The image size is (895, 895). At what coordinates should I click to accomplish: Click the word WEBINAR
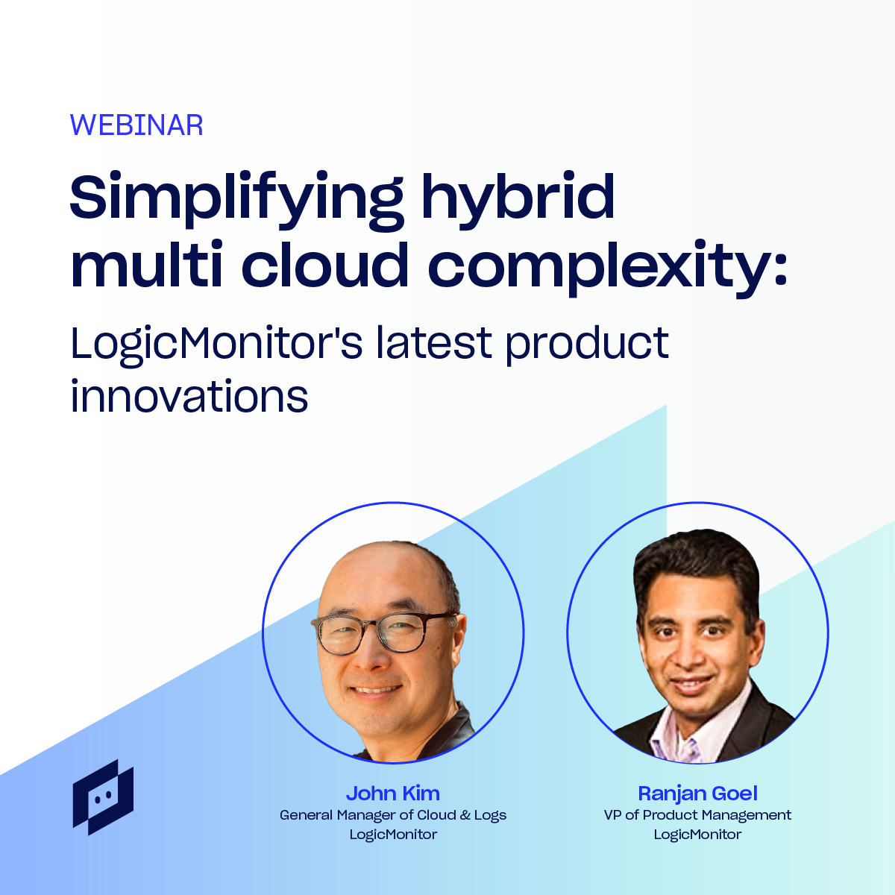(136, 125)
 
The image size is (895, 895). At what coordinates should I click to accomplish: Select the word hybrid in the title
(518, 196)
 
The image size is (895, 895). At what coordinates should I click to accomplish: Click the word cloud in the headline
(324, 264)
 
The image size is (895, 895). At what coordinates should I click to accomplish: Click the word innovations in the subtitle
(189, 396)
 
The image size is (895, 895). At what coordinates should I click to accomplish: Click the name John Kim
(393, 794)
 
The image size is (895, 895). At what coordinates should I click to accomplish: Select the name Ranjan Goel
(697, 794)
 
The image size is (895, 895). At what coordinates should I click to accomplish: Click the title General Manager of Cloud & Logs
(393, 815)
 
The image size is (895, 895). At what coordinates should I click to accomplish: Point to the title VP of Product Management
(697, 815)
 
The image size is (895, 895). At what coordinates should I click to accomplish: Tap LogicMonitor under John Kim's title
(393, 835)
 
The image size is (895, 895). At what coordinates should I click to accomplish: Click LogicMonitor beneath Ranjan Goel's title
(697, 835)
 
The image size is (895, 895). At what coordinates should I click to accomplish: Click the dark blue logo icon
(103, 797)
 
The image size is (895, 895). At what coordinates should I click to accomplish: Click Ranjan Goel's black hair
(697, 557)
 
